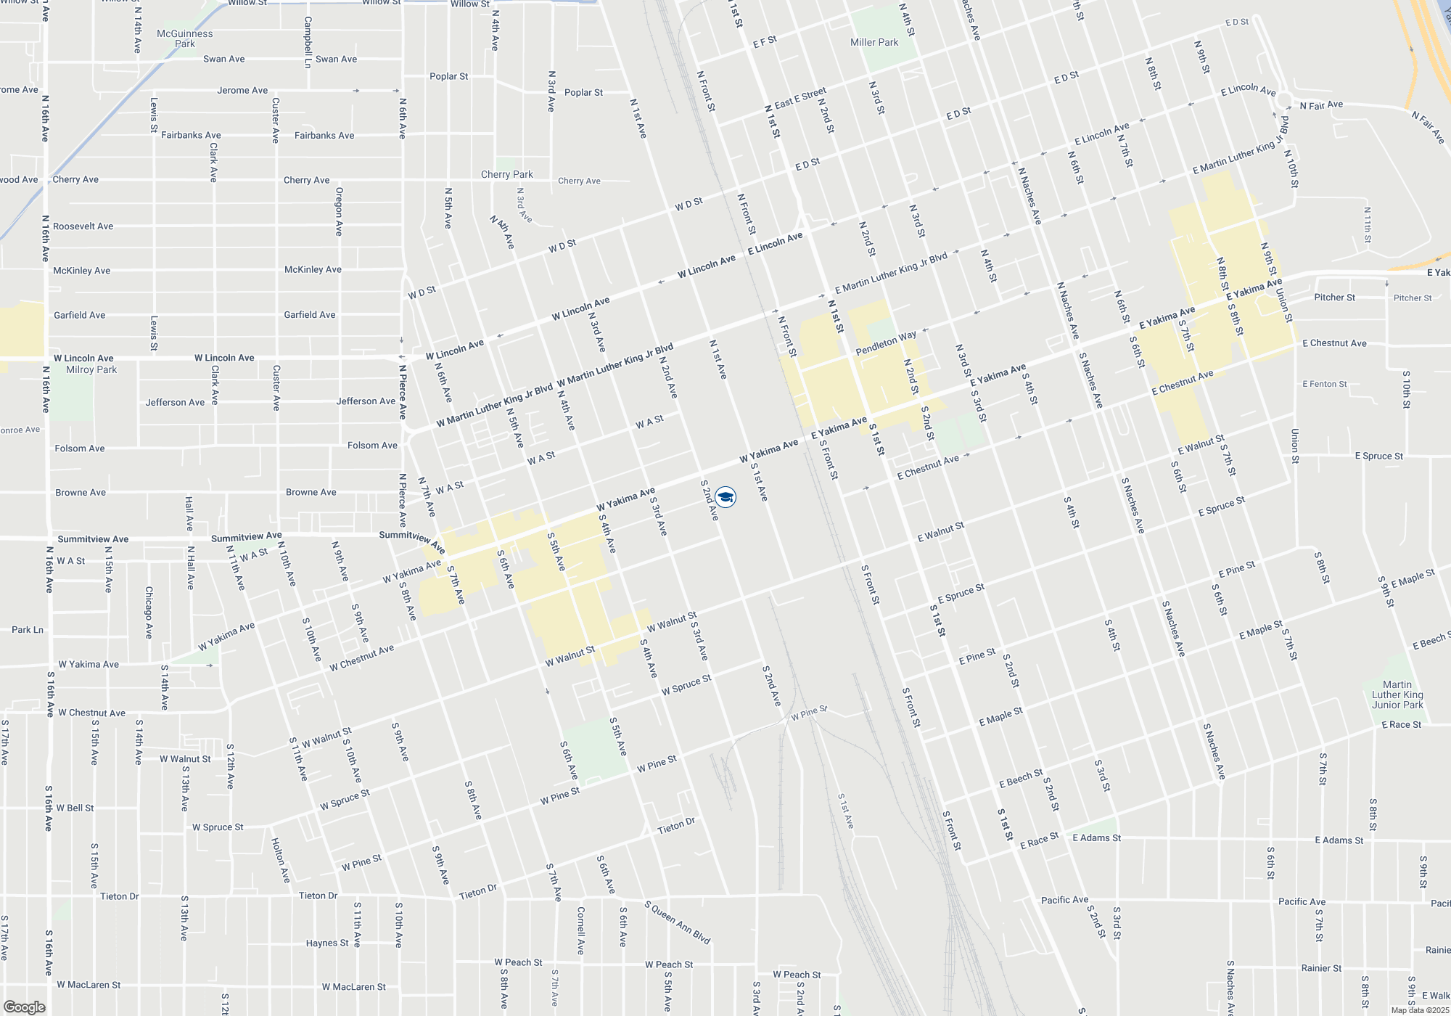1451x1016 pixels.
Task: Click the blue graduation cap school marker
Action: [x=725, y=497]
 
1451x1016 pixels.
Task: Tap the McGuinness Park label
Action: [x=185, y=38]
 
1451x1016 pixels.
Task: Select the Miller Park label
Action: [x=874, y=42]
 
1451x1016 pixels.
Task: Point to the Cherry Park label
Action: [x=506, y=174]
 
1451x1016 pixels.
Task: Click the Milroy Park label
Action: [x=91, y=369]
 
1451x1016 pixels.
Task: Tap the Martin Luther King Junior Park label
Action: [x=1397, y=695]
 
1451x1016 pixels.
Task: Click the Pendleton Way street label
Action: [x=886, y=343]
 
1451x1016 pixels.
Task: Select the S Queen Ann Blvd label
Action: [x=678, y=922]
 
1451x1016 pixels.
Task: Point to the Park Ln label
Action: [x=28, y=629]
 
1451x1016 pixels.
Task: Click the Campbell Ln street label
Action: [x=308, y=42]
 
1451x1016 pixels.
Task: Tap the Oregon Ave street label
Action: [x=339, y=211]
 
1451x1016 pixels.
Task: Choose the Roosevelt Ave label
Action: [x=83, y=226]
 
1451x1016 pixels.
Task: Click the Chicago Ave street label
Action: [x=149, y=613]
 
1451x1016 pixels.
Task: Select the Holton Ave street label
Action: [x=280, y=860]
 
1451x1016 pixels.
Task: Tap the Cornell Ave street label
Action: [x=580, y=930]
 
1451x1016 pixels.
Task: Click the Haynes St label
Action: [x=327, y=943]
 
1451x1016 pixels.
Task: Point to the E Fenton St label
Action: [x=1324, y=384]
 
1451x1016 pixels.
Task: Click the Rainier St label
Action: [x=1321, y=968]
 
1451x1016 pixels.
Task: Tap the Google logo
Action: [x=25, y=1007]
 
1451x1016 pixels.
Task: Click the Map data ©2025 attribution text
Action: [x=1420, y=1010]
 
